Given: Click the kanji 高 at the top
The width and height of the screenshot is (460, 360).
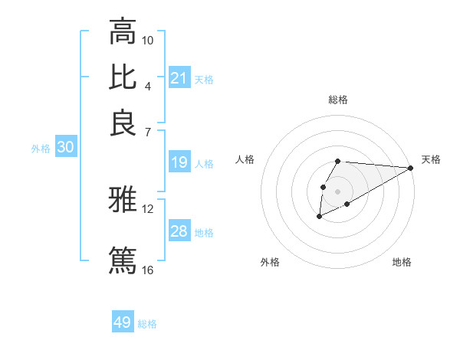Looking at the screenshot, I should tap(123, 32).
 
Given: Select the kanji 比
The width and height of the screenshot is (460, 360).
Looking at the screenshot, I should tap(123, 77).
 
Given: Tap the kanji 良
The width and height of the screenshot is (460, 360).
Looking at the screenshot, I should tap(123, 123).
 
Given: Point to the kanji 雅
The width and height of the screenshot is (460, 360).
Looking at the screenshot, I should tap(123, 201).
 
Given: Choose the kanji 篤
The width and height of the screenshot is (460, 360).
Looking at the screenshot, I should tap(123, 259).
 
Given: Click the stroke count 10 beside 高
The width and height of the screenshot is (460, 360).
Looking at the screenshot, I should tap(148, 40).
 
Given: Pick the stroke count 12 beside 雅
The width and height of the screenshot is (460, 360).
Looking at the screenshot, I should tap(148, 208).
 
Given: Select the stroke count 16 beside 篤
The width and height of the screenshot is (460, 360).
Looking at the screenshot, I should tap(148, 270).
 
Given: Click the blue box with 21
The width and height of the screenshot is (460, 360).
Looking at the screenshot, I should tap(179, 77).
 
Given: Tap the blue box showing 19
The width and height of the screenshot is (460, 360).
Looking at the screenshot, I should tap(179, 162).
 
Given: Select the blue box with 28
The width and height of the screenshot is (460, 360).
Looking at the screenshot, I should tap(179, 231).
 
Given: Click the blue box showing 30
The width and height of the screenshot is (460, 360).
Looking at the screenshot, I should tap(65, 148).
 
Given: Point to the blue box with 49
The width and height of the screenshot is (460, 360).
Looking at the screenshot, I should tap(122, 322).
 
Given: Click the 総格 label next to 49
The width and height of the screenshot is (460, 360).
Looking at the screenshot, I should tap(147, 324).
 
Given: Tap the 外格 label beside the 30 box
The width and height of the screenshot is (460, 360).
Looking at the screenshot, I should tap(41, 149).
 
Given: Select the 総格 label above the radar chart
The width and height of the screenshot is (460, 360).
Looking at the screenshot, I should tap(338, 100).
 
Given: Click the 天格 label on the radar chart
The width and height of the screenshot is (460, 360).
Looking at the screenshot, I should tap(431, 159).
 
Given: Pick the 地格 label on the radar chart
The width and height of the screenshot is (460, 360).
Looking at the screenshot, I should tap(402, 262).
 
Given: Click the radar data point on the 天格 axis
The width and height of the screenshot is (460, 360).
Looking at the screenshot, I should tap(410, 168).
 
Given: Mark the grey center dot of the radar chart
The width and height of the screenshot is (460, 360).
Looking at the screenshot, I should tap(337, 190).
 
